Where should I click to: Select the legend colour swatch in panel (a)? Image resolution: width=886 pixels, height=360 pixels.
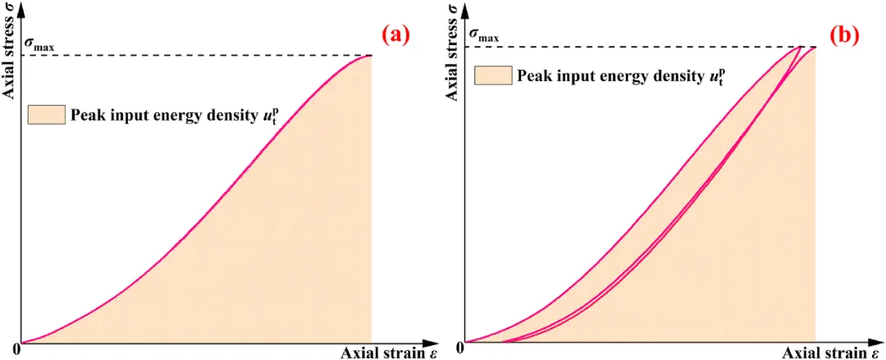click(x=46, y=114)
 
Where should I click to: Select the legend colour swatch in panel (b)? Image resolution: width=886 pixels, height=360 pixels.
click(x=492, y=76)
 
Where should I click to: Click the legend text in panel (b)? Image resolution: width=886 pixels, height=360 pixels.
click(x=622, y=76)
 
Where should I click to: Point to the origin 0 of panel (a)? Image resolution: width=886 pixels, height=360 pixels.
click(x=16, y=350)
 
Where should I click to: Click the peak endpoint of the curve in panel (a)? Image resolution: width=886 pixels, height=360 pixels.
click(x=372, y=56)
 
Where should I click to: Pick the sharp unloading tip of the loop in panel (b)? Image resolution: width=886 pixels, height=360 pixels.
click(x=802, y=47)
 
